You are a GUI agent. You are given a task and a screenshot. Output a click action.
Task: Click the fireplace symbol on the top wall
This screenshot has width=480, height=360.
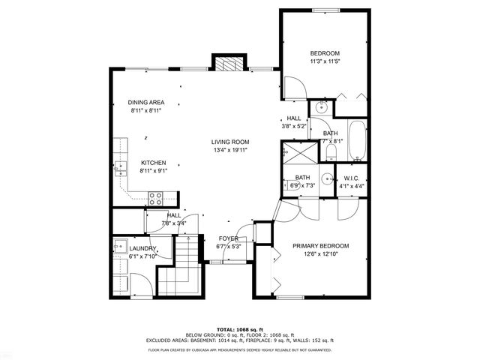pos(230,64)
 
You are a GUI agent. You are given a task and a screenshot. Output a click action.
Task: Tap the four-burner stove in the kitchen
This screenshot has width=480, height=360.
pos(155,198)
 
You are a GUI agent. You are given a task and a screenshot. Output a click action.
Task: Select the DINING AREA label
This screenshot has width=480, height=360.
pos(145,102)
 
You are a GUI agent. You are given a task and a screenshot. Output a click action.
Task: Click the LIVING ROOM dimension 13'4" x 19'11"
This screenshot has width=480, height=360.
pos(229,150)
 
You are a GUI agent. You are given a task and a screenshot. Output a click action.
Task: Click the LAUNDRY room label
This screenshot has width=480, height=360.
pos(142,248)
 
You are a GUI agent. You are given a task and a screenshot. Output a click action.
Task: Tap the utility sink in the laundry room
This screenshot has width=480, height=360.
pos(119,245)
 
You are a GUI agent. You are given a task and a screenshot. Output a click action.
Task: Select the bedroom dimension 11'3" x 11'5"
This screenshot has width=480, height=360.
pos(325,62)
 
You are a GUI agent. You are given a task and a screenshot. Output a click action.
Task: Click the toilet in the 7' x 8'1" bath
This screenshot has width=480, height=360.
pos(330,153)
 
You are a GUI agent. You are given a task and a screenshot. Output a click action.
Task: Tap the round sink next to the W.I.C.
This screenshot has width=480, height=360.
pos(328,178)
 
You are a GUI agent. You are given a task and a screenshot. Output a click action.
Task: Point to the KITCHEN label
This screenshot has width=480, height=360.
pos(154,163)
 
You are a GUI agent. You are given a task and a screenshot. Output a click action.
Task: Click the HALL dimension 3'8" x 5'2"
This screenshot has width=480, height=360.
pos(294,126)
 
